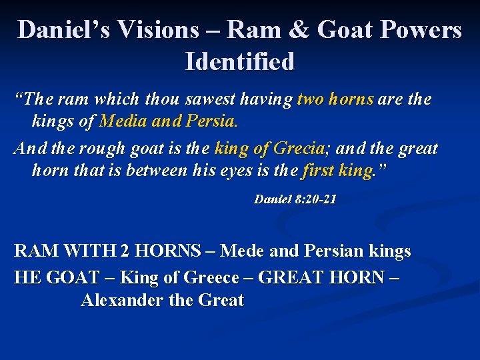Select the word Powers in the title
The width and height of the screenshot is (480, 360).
tap(423, 30)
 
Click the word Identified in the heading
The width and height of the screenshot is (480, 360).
tap(240, 62)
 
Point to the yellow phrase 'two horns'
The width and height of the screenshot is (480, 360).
tap(335, 100)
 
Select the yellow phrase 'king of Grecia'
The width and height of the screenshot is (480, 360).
tap(269, 148)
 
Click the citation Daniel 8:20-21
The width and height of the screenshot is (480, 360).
tap(295, 199)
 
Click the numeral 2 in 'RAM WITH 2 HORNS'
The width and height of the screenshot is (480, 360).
tap(125, 251)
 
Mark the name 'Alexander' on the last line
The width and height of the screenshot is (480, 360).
tap(123, 301)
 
